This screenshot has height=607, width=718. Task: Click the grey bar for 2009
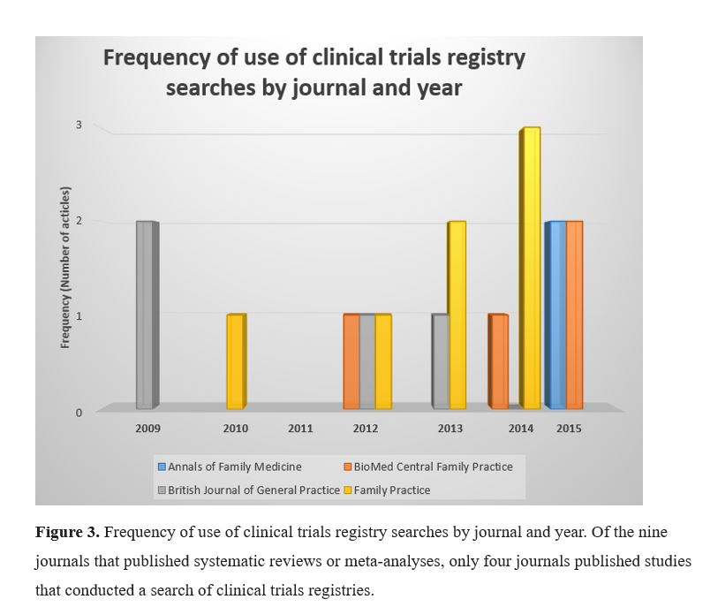coord(147,315)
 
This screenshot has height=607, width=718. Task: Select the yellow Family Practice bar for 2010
coord(236,361)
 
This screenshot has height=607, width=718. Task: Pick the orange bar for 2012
coord(351,361)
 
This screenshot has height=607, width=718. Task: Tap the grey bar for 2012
coord(367,361)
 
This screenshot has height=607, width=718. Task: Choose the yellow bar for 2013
coord(457,315)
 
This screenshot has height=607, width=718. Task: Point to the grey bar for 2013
coord(440,361)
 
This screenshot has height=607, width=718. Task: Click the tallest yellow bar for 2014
coord(530,268)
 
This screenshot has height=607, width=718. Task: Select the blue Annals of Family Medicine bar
coord(556,315)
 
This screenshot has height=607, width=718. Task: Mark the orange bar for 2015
coord(574,315)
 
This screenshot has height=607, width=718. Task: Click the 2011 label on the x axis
coord(300,429)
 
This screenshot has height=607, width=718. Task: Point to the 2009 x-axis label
coord(147,429)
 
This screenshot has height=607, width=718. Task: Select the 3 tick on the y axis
coord(79,125)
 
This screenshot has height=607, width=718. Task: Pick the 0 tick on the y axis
coord(79,413)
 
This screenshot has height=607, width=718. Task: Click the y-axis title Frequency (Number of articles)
coord(65,268)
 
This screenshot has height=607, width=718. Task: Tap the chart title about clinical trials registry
coord(314,72)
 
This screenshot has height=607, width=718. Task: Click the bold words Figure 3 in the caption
coord(67,532)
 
